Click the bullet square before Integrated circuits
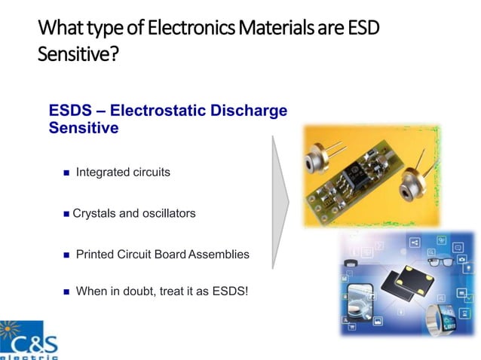coord(66,173)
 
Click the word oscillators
coord(169,214)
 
